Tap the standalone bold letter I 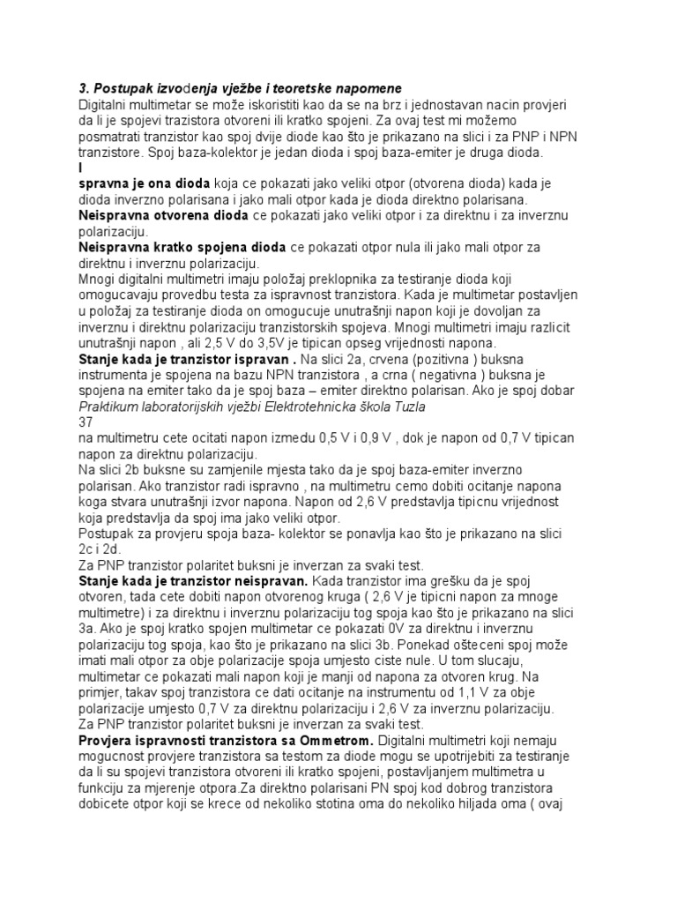81,168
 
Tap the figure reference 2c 88,549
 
